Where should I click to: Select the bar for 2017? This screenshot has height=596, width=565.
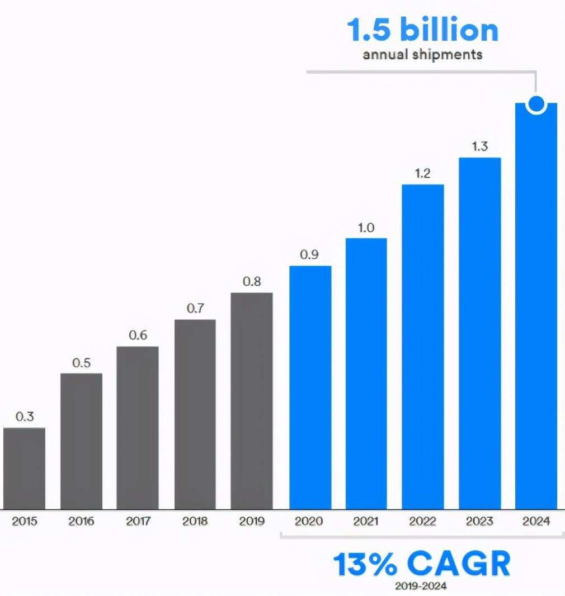(138, 428)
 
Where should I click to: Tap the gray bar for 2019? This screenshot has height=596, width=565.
(252, 401)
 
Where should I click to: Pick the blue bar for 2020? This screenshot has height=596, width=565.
(310, 387)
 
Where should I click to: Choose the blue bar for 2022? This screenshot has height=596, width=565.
(423, 347)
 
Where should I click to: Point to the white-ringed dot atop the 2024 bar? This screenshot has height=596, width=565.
(536, 103)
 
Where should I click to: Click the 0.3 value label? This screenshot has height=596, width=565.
(25, 417)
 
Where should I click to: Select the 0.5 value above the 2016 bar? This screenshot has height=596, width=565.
(81, 363)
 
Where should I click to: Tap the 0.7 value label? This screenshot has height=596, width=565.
(195, 309)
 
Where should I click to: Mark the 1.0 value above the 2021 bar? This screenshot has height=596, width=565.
(366, 228)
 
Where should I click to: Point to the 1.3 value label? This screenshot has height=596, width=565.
(479, 146)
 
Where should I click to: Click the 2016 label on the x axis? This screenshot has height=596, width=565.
(81, 522)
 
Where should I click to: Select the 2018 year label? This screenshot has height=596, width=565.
(195, 522)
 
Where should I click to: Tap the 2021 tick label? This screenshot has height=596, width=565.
(366, 522)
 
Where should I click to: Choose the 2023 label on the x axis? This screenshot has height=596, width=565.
(479, 522)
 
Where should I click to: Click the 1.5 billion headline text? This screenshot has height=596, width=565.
(422, 31)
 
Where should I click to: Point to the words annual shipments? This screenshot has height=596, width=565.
(422, 55)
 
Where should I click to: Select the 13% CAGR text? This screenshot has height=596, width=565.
(422, 565)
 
